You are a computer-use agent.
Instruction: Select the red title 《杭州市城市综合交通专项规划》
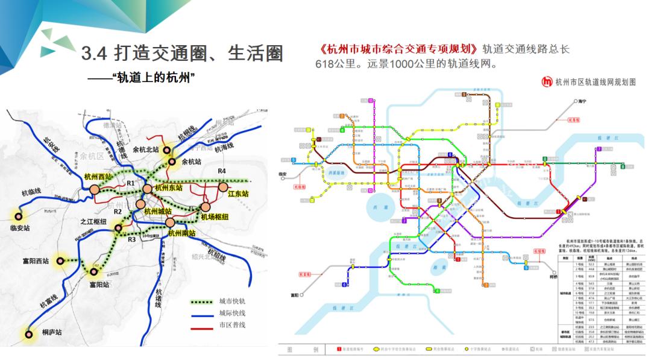[x=399, y=49]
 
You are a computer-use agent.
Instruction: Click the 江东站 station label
[x=238, y=194]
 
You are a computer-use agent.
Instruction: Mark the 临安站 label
[x=20, y=229]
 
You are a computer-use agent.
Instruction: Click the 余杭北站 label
[x=145, y=150]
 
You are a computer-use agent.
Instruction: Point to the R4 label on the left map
[x=222, y=172]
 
